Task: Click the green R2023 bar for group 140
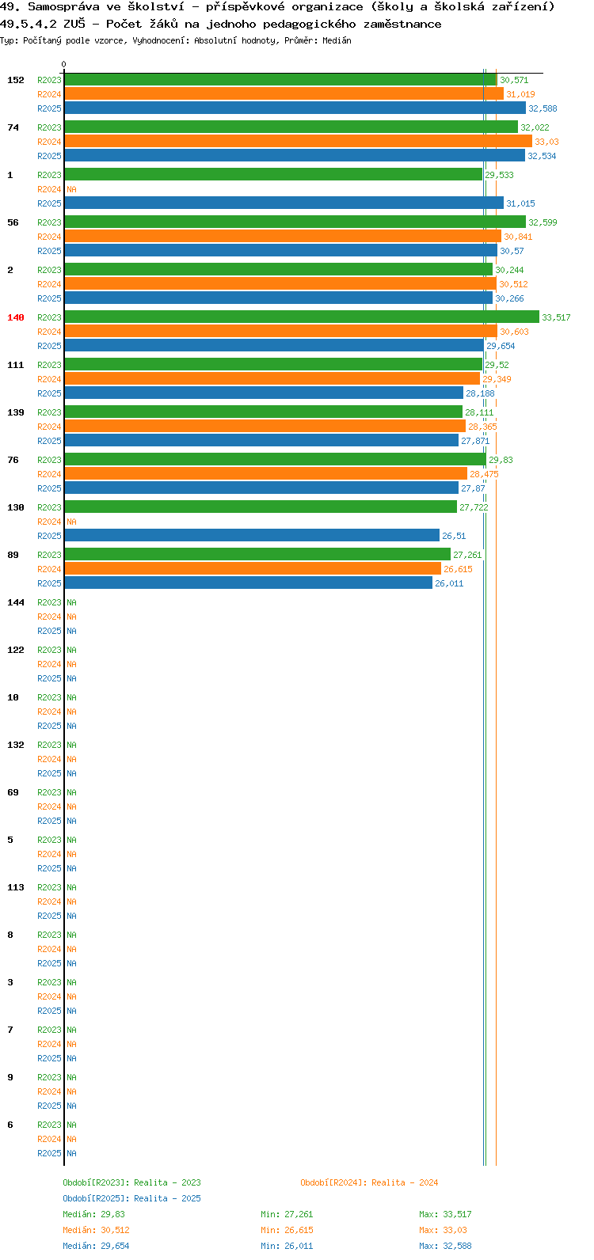click(x=302, y=317)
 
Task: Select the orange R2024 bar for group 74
click(x=299, y=141)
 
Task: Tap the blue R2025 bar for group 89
click(x=249, y=583)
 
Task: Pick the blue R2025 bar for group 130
click(x=252, y=535)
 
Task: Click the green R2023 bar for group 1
click(x=273, y=174)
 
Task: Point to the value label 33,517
click(x=556, y=317)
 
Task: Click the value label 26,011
click(x=449, y=583)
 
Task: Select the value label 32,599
click(x=543, y=222)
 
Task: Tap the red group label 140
click(x=16, y=317)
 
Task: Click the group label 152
click(x=16, y=80)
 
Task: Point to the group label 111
click(x=16, y=365)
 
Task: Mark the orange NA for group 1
click(x=71, y=189)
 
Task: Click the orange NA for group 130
click(x=71, y=522)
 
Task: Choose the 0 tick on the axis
click(x=63, y=64)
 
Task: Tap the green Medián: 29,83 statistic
click(x=94, y=1214)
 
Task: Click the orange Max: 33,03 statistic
click(x=443, y=1230)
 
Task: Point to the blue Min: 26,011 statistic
click(x=287, y=1246)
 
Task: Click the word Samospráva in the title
click(x=63, y=7)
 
